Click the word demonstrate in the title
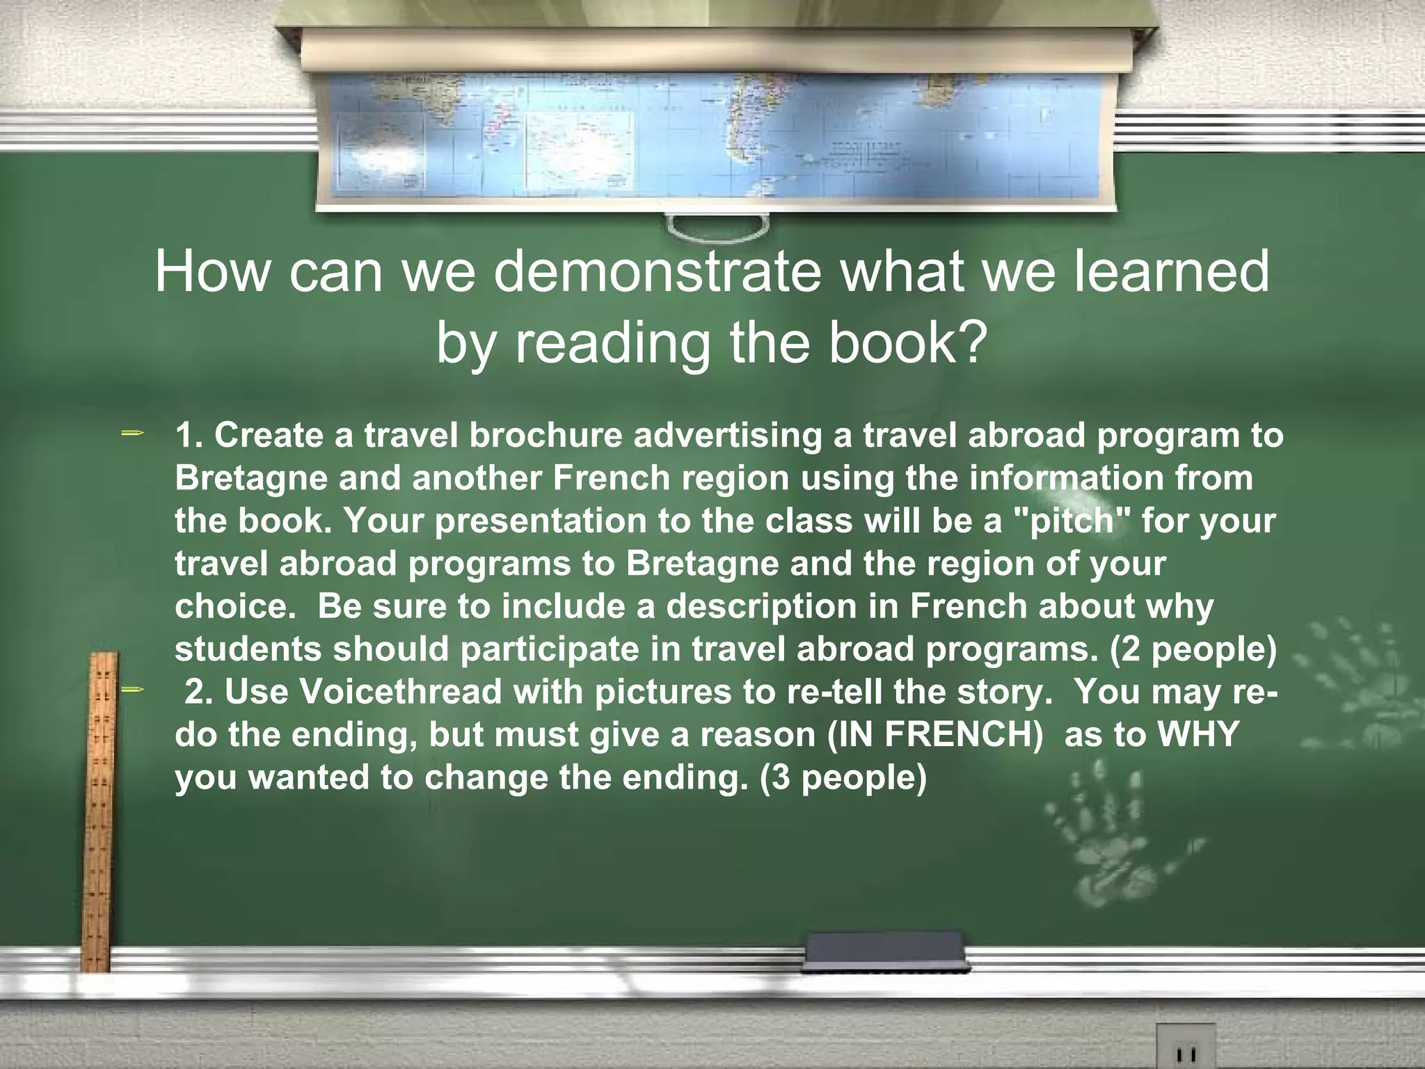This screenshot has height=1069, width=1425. (657, 272)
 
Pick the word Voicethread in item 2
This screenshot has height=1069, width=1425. (401, 692)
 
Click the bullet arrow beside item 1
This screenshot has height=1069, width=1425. (132, 434)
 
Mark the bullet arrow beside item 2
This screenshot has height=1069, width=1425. (132, 690)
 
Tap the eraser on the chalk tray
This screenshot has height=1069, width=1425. (884, 951)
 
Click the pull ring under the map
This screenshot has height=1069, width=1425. (716, 227)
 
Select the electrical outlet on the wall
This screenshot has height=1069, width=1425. (1186, 1047)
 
